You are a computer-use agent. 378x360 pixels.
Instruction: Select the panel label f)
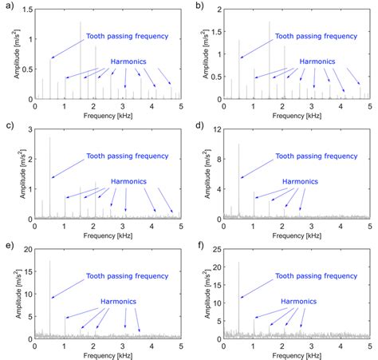[195, 245]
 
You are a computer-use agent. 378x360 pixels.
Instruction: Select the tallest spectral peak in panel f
[239, 262]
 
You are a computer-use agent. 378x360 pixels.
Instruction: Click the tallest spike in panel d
[239, 144]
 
